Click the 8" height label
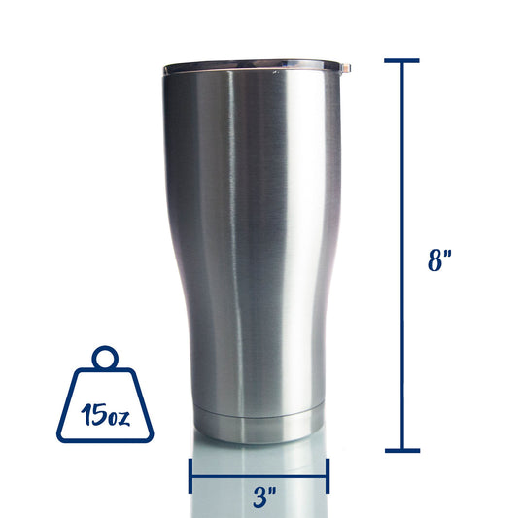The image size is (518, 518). pos(439,260)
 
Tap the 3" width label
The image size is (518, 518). pos(264,497)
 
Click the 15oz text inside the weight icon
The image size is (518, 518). pos(105,415)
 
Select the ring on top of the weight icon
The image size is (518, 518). pos(105,358)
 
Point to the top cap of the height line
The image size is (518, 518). pos(401,61)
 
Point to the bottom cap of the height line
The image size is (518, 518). pos(402,451)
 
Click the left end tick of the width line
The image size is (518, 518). pos(190,475)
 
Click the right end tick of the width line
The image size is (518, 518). pos(328,475)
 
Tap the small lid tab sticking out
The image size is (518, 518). pos(346,68)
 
